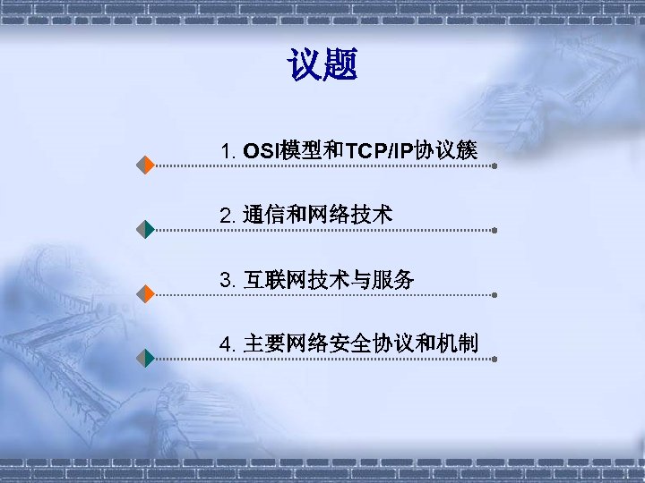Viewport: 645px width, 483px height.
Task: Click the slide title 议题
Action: click(x=322, y=64)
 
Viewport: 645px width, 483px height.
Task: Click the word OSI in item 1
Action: click(x=261, y=151)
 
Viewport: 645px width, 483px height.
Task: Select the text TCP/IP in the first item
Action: click(x=379, y=151)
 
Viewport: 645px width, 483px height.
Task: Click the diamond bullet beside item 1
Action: click(x=146, y=165)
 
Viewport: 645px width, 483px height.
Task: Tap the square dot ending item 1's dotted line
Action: click(x=495, y=165)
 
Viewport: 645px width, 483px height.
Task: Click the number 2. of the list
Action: click(x=228, y=216)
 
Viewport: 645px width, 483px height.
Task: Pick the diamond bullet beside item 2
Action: click(x=146, y=229)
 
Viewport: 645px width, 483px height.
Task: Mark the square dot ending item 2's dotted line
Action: click(x=495, y=230)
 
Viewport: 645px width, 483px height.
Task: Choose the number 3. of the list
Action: click(x=228, y=281)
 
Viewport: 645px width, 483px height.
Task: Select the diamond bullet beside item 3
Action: click(x=146, y=293)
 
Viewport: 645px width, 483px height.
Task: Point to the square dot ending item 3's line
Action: click(x=495, y=294)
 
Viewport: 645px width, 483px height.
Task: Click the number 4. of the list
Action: click(x=228, y=344)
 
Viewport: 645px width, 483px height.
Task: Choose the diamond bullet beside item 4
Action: click(x=146, y=358)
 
